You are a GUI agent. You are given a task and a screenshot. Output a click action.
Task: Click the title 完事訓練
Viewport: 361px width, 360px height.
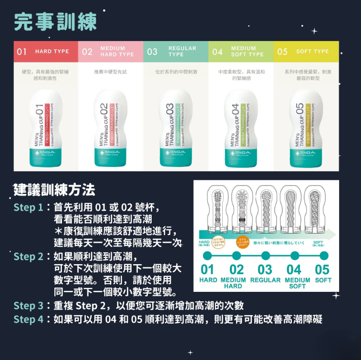point(55,21)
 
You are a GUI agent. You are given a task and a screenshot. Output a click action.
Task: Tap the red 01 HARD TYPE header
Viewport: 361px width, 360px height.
point(45,51)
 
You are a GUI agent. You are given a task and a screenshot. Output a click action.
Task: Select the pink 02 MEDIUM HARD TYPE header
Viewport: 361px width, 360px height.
point(111,51)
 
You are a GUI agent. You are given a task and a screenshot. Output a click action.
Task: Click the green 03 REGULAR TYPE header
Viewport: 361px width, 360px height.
point(175,51)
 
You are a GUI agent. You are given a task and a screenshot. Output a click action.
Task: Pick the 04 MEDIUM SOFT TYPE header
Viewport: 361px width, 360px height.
point(241,51)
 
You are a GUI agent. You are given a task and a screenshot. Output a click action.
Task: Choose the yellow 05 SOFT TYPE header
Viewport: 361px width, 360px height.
point(306,51)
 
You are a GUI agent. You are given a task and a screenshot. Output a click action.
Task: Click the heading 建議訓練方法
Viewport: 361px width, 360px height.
point(54,190)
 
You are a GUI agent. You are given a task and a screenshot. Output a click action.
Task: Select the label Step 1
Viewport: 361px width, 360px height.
point(29,207)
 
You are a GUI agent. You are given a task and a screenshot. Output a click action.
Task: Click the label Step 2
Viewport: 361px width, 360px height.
point(29,257)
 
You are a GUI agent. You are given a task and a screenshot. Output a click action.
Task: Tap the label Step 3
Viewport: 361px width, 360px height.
point(29,305)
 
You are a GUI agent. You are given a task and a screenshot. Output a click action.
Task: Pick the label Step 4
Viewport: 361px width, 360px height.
point(29,319)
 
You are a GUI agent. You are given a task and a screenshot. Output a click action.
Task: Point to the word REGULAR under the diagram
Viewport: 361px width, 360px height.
point(265,280)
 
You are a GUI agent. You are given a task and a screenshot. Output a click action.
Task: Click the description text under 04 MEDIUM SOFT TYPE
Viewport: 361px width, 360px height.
point(241,74)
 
